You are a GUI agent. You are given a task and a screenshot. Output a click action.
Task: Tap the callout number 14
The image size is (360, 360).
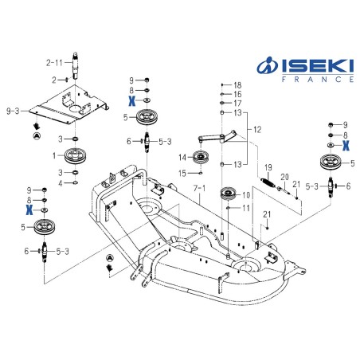[x=183, y=155]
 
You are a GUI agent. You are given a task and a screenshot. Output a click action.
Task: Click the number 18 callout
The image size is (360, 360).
[x=237, y=84]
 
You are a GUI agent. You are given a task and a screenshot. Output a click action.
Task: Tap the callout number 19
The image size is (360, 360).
[x=268, y=166]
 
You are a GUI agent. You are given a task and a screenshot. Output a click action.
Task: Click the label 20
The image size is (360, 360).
[x=284, y=177]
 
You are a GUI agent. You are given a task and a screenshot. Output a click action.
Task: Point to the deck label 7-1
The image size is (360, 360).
[x=200, y=190]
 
